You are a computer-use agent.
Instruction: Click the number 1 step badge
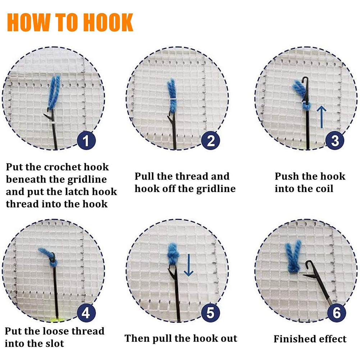click(x=86, y=140)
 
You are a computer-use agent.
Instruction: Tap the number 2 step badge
click(x=210, y=140)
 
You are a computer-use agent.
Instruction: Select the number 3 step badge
click(x=335, y=140)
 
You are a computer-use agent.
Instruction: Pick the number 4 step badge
click(x=86, y=313)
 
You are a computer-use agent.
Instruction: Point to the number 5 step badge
click(x=210, y=313)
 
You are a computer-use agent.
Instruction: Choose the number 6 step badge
click(x=336, y=313)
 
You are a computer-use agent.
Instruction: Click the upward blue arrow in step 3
click(x=322, y=117)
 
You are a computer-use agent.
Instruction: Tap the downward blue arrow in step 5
click(x=188, y=265)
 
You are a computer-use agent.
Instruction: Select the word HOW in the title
click(x=29, y=22)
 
